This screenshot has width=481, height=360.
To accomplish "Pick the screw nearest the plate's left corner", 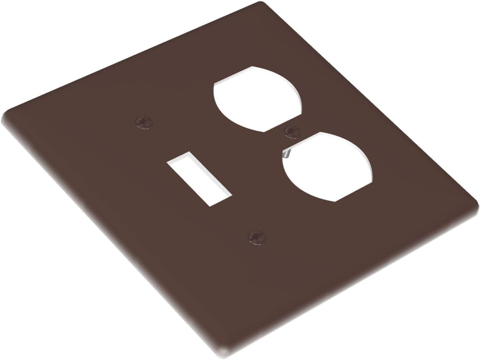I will pyautogui.click(x=144, y=122).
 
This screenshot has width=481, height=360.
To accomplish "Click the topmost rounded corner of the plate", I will pyautogui.click(x=261, y=4).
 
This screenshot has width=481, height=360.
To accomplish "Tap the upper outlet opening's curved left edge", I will pyautogui.click(x=217, y=98).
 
